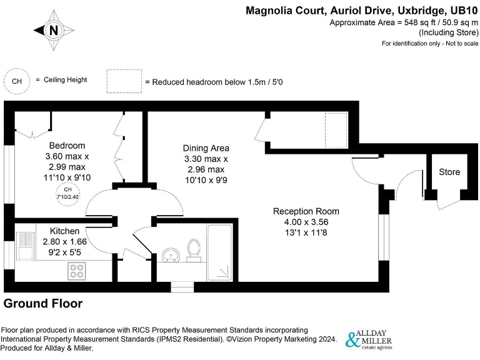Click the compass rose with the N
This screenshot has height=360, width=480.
pos(54,29)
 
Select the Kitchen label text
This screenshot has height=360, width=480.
pos(65,231)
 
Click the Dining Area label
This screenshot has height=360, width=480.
pos(206,148)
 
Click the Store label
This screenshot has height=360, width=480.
pos(449,172)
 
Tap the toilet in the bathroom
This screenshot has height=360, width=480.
pos(194,249)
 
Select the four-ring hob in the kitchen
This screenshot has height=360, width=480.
pos(77,271)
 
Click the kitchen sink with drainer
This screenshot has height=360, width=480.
pos(24,246)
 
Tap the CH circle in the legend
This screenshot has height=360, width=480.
pos(17,81)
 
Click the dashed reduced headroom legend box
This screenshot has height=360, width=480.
pos(124,82)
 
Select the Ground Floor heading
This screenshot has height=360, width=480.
pos(43,304)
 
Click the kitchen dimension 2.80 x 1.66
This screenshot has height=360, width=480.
pos(65,241)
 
